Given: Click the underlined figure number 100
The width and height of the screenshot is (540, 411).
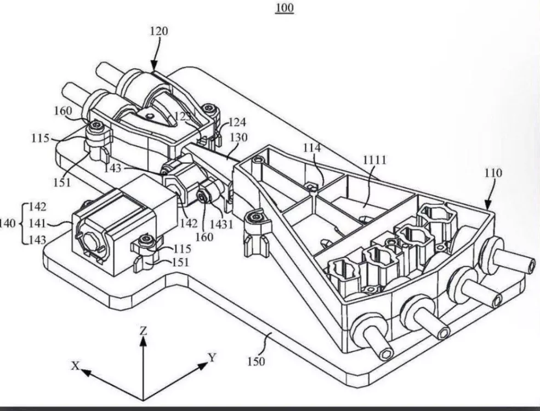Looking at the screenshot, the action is (x=285, y=7).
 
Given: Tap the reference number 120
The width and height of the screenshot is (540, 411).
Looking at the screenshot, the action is (x=159, y=31).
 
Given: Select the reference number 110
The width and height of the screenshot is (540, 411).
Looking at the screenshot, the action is (x=493, y=173).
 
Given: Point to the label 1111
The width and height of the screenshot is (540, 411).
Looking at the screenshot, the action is (x=374, y=160).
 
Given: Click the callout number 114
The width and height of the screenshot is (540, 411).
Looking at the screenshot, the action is (x=312, y=149).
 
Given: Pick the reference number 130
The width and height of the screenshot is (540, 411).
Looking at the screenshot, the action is (x=238, y=138).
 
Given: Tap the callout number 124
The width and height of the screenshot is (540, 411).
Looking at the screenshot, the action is (x=237, y=122).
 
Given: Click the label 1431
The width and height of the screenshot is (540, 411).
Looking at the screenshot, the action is (x=221, y=225).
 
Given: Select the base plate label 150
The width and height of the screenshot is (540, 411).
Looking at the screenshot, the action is (x=256, y=362).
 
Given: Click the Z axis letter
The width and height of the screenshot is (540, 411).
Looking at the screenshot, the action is (x=143, y=331).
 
